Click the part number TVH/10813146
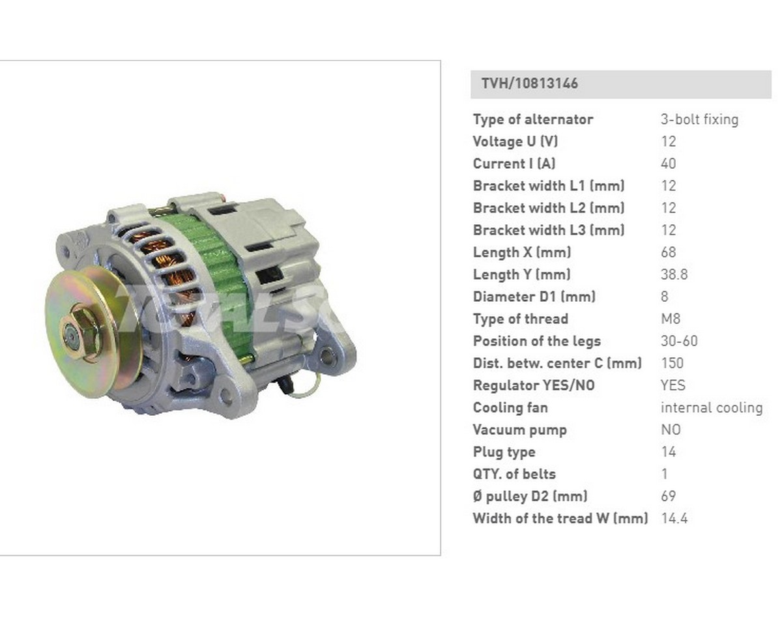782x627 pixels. click(529, 83)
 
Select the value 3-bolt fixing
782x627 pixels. click(699, 119)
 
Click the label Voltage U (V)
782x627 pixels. click(515, 141)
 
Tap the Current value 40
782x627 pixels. click(668, 164)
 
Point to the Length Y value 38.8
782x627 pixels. click(674, 274)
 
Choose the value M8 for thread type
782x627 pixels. click(671, 319)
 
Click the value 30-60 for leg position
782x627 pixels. click(679, 341)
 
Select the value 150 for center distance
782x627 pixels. click(672, 363)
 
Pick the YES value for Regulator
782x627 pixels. click(673, 385)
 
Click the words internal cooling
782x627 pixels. click(712, 407)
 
